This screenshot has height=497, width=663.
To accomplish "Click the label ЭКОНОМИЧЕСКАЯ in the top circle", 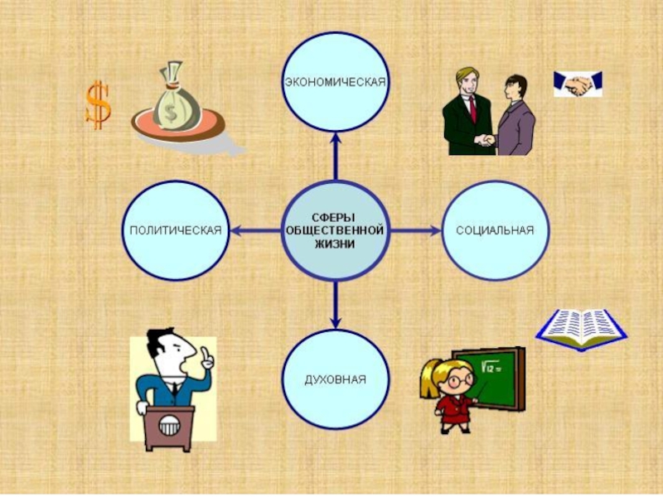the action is (335, 83).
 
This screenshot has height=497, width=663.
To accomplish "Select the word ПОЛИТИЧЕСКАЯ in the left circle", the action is (175, 229).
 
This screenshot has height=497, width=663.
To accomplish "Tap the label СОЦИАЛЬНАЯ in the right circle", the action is (495, 229).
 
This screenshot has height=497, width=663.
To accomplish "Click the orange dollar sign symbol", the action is (98, 104).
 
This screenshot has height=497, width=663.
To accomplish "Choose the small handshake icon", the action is (578, 83).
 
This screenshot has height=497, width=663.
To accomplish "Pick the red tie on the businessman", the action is (472, 107).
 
